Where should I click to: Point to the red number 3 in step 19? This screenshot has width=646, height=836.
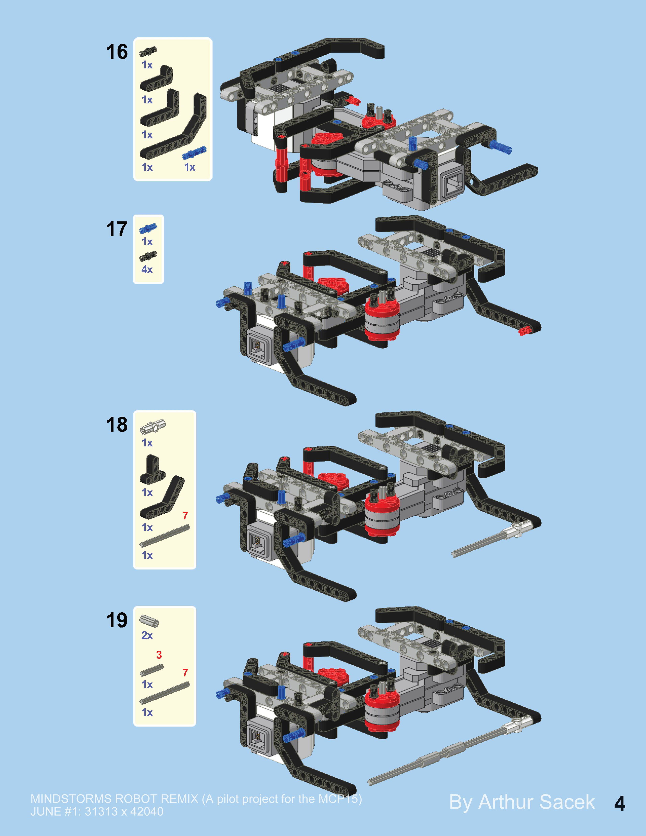[x=159, y=655]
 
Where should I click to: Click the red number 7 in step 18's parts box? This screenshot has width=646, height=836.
[x=185, y=516]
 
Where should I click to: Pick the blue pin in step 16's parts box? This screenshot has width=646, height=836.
[x=194, y=152]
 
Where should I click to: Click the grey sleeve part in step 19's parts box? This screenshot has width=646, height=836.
[x=149, y=621]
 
